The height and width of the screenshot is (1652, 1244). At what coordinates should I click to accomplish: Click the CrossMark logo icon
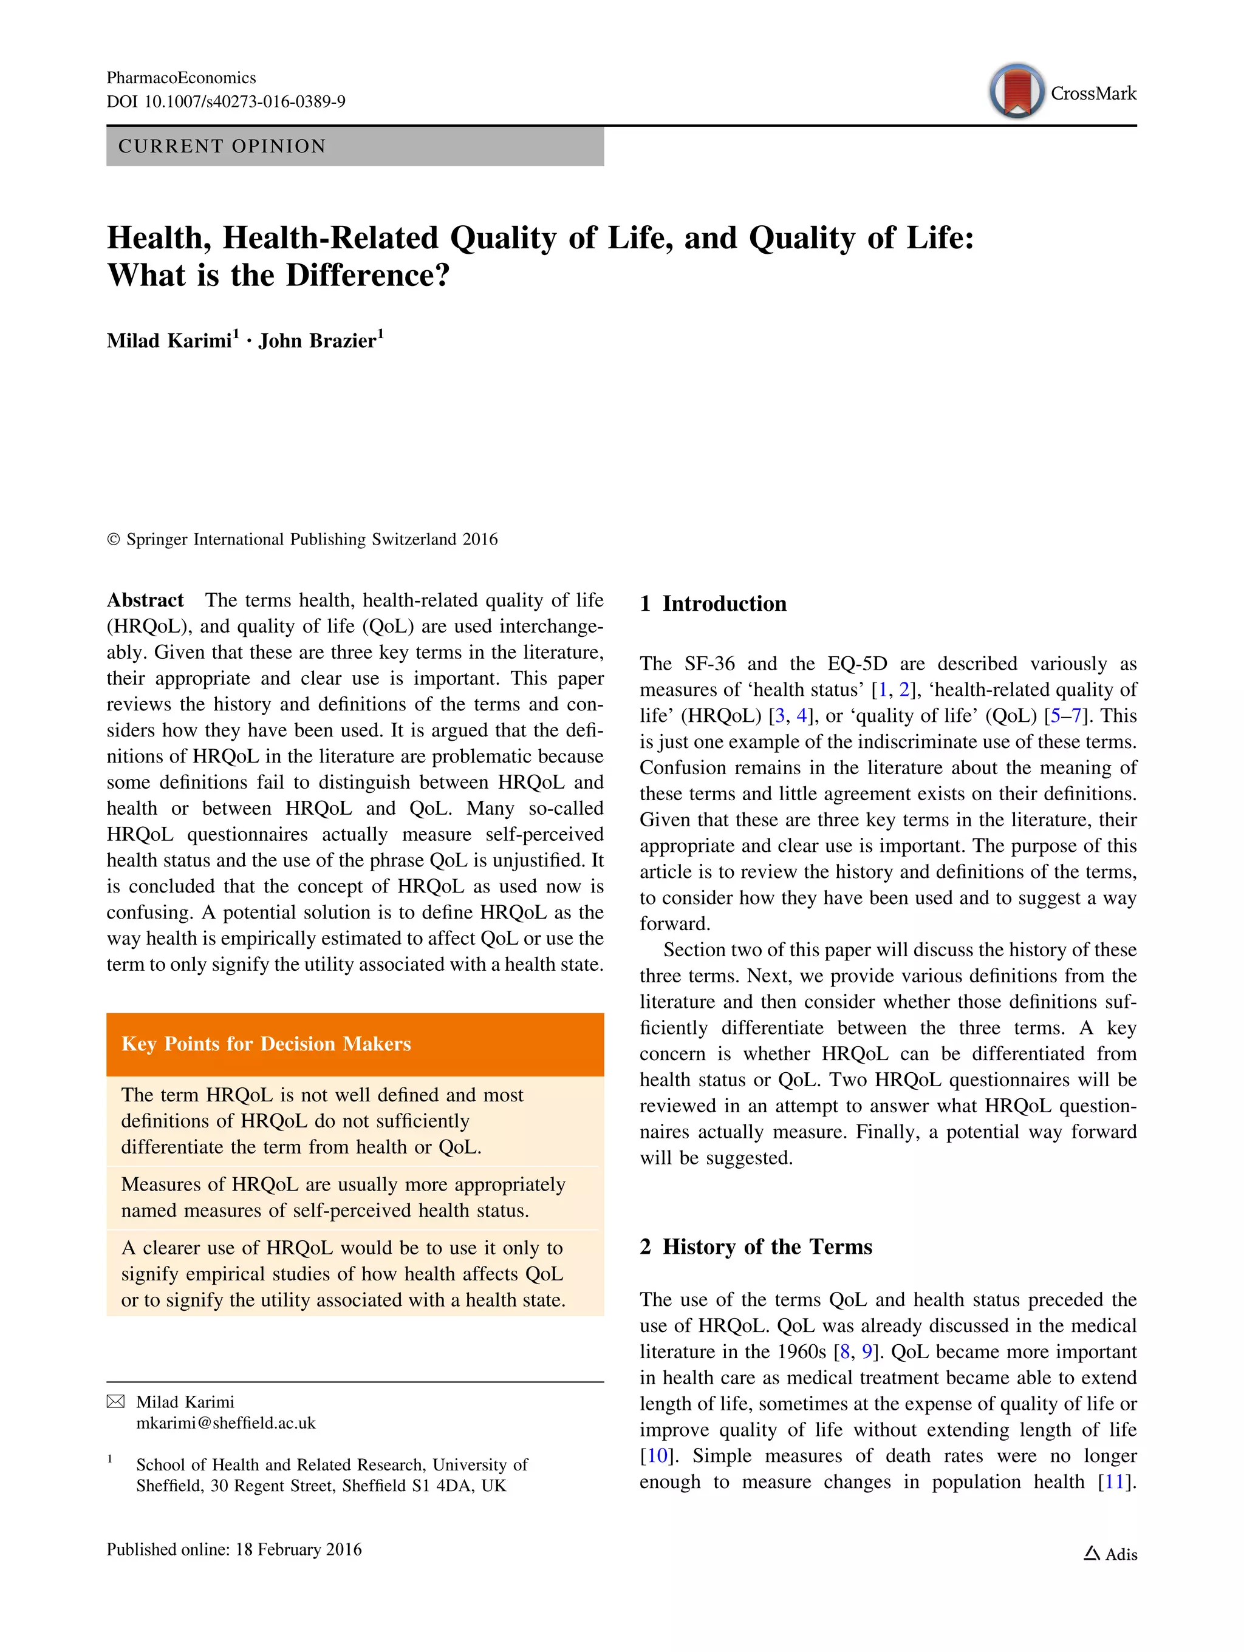pyautogui.click(x=1016, y=91)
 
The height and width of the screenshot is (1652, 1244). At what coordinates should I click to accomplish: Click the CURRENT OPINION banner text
pyautogui.click(x=222, y=146)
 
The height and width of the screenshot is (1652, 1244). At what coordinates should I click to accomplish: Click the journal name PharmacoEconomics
pyautogui.click(x=181, y=78)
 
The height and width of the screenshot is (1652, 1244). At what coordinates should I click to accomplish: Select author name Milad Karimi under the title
pyautogui.click(x=169, y=341)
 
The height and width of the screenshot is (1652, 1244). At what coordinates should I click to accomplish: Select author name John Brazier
pyautogui.click(x=318, y=341)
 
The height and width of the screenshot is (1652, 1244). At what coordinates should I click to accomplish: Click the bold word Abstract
pyautogui.click(x=145, y=600)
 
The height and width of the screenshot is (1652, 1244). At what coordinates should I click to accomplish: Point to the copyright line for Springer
pyautogui.click(x=302, y=539)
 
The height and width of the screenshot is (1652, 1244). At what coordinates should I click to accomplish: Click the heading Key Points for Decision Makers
pyautogui.click(x=266, y=1044)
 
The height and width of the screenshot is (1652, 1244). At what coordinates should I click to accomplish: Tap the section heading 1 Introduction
pyautogui.click(x=714, y=603)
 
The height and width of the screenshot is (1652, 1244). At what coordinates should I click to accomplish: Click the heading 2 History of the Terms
pyautogui.click(x=756, y=1246)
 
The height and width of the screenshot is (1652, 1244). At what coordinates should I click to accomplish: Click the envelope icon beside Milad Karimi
pyautogui.click(x=116, y=1402)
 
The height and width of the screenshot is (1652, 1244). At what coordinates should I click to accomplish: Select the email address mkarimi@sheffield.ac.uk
pyautogui.click(x=225, y=1423)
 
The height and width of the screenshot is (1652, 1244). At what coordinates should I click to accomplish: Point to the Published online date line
pyautogui.click(x=234, y=1549)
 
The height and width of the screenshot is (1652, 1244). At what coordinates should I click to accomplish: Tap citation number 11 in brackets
pyautogui.click(x=1115, y=1482)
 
